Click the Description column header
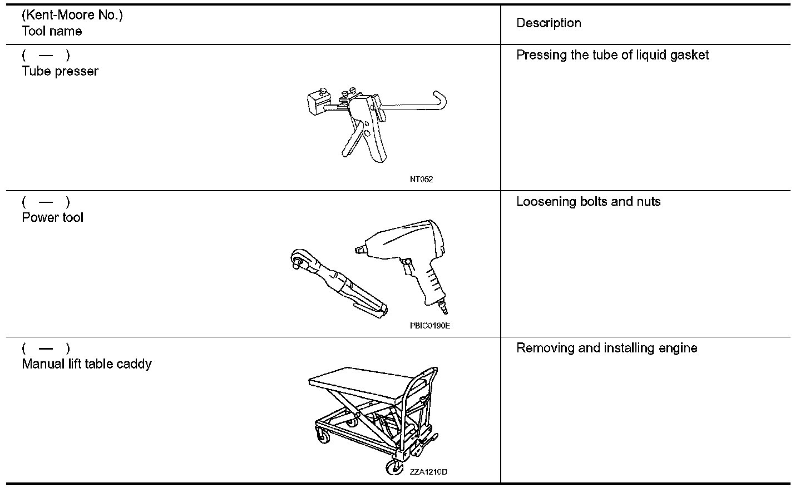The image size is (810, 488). (549, 23)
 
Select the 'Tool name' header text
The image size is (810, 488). (52, 32)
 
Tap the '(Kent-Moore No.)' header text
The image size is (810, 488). (72, 15)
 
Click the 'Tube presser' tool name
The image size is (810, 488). (60, 71)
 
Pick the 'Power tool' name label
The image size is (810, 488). (52, 217)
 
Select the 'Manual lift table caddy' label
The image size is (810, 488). (87, 364)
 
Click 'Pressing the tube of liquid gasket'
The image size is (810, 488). (613, 55)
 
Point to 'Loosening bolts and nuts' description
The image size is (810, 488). (588, 202)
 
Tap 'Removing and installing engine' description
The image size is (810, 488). (606, 348)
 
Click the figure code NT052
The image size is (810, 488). (421, 179)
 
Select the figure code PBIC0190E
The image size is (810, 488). (429, 326)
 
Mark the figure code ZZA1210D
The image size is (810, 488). (428, 472)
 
